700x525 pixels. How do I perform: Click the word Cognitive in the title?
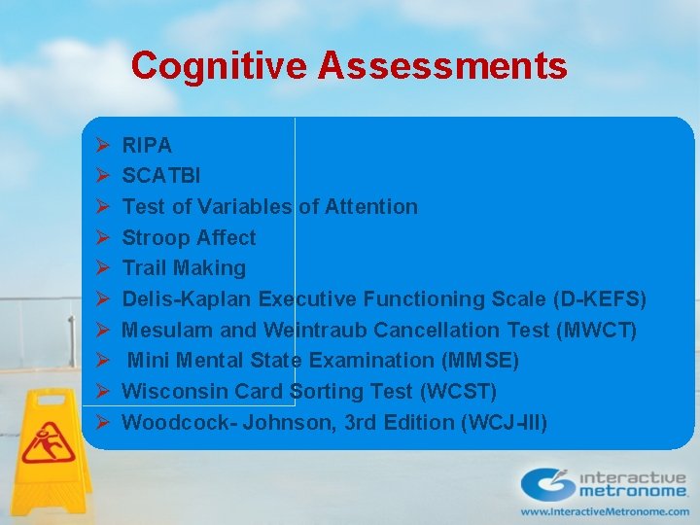point(218,66)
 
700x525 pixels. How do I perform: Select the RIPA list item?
point(147,146)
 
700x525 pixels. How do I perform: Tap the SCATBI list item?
point(161,176)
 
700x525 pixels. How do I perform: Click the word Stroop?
point(156,237)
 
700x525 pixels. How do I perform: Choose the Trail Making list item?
point(184,267)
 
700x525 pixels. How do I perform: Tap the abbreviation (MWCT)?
point(596,330)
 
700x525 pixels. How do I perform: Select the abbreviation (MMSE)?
point(479,361)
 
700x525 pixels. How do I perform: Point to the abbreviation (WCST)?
point(458,391)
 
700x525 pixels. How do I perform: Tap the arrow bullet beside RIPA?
point(102,146)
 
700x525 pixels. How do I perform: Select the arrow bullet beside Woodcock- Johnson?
point(102,422)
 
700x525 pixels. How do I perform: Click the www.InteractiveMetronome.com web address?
point(605,510)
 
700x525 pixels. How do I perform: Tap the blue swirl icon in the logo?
point(545,484)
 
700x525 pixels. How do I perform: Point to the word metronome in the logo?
point(632,493)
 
